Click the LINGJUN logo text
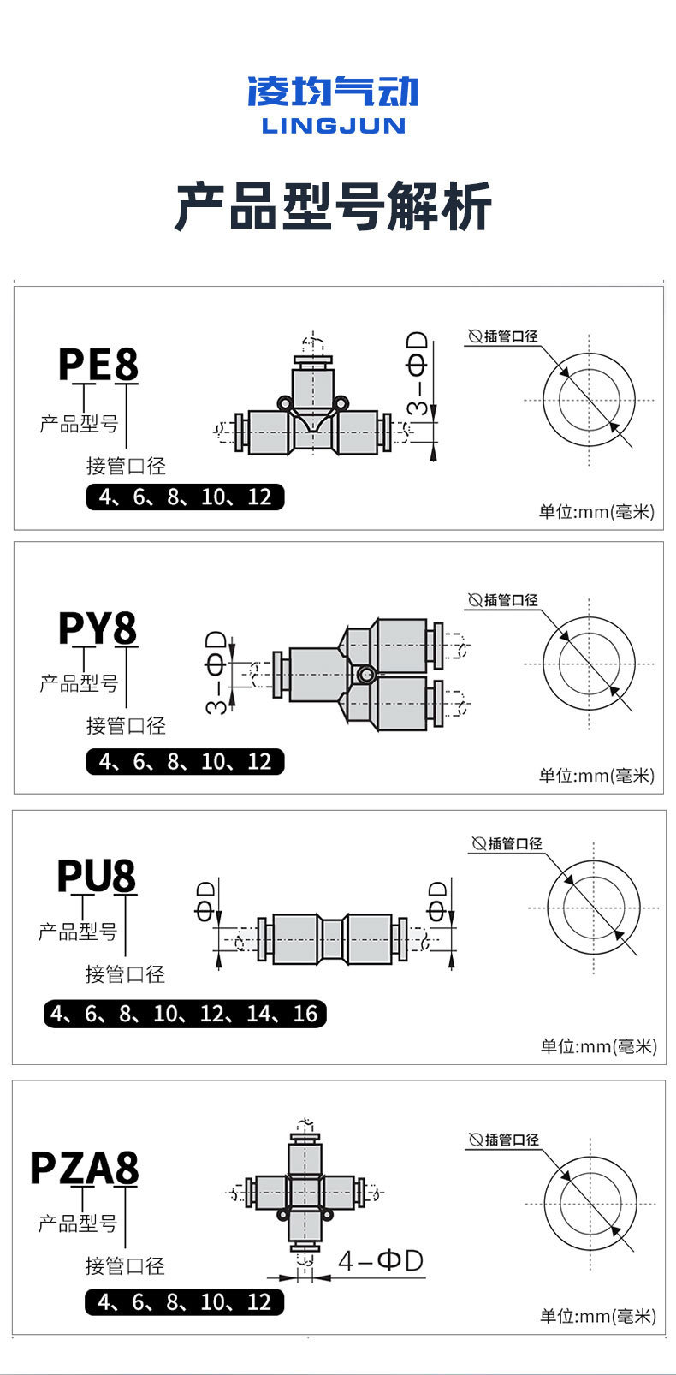point(333,126)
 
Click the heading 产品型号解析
point(333,206)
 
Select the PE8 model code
point(98,364)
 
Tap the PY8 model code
point(98,628)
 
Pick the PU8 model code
point(97,876)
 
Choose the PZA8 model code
point(84,1168)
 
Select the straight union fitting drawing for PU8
point(332,939)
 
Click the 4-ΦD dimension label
point(381,1260)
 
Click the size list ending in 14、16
point(185,1014)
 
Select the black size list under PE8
point(185,497)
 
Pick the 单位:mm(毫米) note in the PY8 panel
point(596,775)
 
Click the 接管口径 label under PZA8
point(125,1265)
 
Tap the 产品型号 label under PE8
point(79,423)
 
